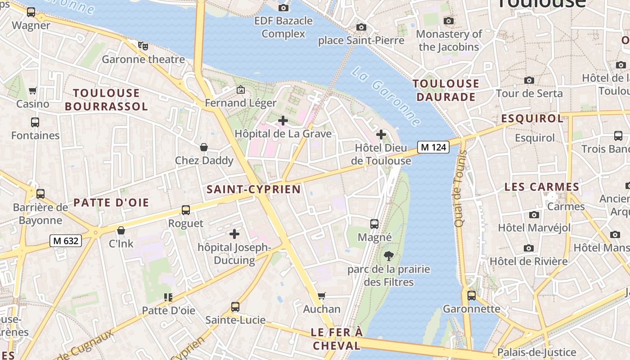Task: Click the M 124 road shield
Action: [433, 147]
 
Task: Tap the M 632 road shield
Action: [66, 241]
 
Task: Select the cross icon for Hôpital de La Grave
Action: [283, 121]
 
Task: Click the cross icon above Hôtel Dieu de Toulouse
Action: [381, 135]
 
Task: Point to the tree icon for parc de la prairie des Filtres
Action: [389, 256]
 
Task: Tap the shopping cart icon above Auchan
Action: [322, 296]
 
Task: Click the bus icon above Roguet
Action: [186, 210]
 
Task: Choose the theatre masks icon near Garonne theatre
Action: [143, 45]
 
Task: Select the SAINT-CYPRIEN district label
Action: [253, 189]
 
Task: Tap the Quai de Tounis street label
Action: [459, 188]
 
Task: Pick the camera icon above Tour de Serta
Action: [529, 81]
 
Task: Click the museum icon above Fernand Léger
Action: [241, 90]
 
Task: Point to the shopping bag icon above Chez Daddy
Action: [204, 147]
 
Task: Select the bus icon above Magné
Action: [374, 224]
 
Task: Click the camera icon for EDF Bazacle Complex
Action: [283, 8]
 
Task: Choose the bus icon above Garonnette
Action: [471, 296]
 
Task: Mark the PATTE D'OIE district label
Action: [111, 202]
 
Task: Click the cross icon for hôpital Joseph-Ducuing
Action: [234, 234]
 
